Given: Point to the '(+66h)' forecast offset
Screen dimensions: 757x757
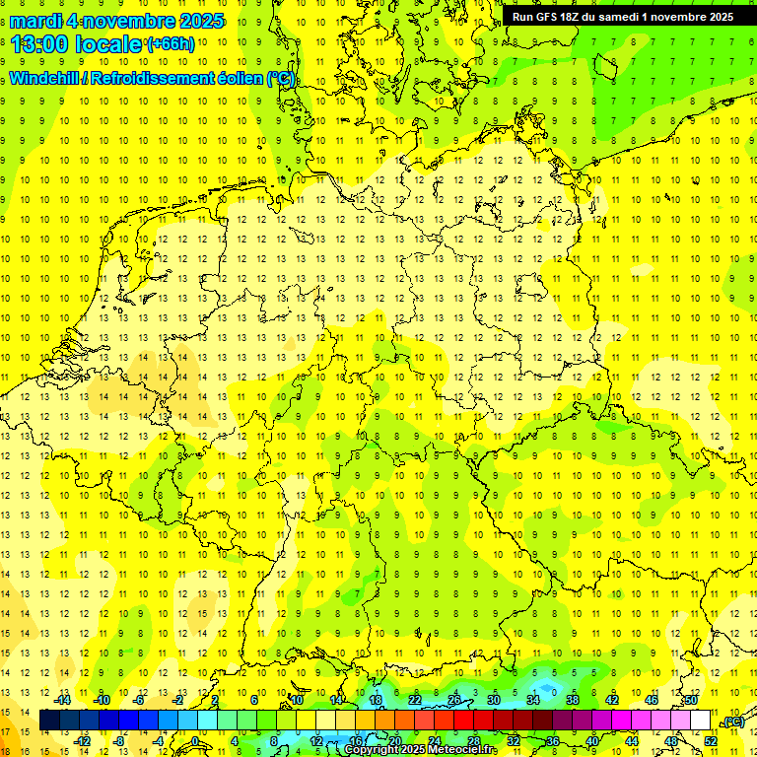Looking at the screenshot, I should coord(171,44).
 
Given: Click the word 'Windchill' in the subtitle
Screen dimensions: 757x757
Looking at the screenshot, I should coord(45,79).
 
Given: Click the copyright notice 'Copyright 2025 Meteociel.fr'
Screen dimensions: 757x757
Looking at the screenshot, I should coord(422,750).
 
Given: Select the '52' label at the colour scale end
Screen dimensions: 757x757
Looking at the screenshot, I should coord(711,741).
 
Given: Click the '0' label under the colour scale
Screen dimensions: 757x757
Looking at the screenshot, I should coord(195,741).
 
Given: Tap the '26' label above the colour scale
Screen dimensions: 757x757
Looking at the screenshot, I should coord(454,700).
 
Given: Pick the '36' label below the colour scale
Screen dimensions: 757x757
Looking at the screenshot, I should coord(553,741).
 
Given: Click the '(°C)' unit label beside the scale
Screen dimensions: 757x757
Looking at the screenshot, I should coord(732,722).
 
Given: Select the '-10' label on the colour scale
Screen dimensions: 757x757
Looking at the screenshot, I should coord(101,700).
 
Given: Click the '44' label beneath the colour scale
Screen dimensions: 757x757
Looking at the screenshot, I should coord(632,741).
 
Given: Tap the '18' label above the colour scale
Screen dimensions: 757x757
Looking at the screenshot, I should coord(376,700).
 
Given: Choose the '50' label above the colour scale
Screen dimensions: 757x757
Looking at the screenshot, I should coord(691,700).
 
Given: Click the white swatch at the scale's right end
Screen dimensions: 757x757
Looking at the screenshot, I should coord(701,721).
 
